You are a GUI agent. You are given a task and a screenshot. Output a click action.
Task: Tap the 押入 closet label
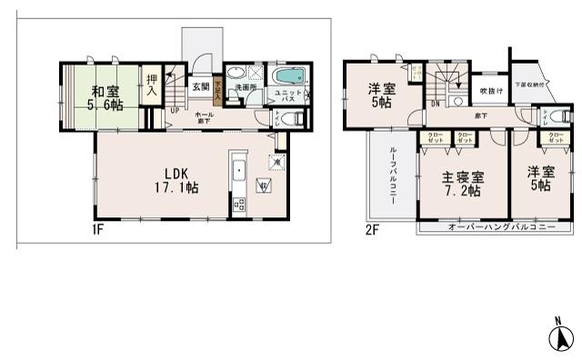click(x=152, y=86)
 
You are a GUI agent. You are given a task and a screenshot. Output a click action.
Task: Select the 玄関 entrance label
click(x=200, y=87)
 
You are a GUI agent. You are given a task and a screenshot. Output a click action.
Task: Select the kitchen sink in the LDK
click(x=237, y=171)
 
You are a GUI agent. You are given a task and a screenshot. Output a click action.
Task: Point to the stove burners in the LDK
click(x=238, y=204)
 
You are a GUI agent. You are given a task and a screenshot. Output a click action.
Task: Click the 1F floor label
click(x=97, y=229)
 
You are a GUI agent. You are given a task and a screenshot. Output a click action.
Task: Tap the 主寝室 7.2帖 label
click(x=462, y=186)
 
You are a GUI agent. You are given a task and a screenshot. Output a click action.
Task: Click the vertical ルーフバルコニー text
click(x=392, y=174)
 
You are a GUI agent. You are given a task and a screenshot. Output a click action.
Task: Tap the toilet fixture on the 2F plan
click(x=557, y=117)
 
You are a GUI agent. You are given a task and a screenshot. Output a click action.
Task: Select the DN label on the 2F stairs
click(x=435, y=103)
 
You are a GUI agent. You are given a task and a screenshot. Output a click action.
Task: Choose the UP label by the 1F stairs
click(x=175, y=111)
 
